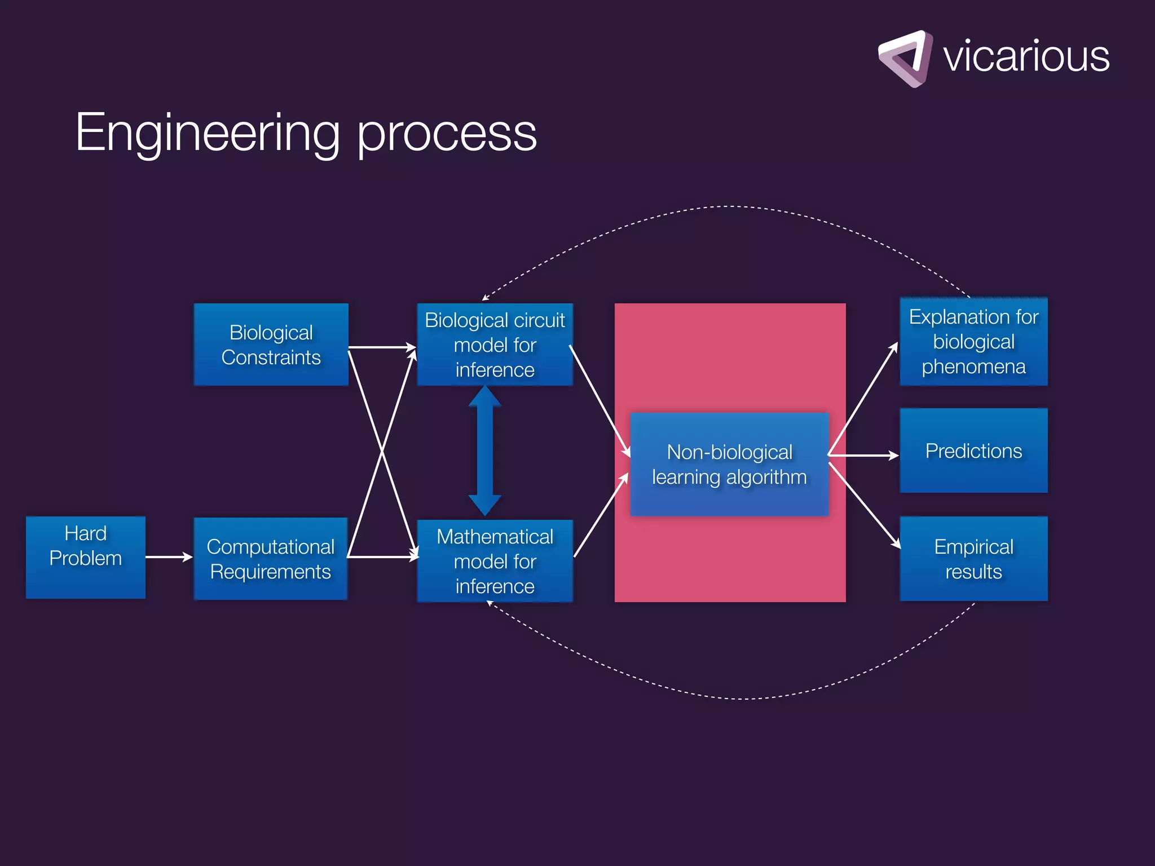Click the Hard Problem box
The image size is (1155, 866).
(86, 557)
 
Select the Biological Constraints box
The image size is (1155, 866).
(271, 344)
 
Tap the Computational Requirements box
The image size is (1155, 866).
(271, 559)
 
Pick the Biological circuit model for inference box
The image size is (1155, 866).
(495, 344)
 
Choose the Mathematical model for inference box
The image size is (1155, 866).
(495, 561)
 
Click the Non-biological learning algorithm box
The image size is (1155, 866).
(729, 464)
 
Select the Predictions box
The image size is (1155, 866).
(973, 450)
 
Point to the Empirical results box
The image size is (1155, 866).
(973, 559)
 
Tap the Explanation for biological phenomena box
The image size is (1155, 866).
(973, 342)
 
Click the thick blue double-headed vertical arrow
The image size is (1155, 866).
(485, 450)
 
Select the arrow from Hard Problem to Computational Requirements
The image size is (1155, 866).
(169, 557)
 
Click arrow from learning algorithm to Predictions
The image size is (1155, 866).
(863, 455)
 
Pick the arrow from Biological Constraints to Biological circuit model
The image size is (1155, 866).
(382, 347)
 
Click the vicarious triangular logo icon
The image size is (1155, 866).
(906, 59)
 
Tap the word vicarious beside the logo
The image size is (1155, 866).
(1026, 56)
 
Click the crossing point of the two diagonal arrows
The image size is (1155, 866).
(382, 452)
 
